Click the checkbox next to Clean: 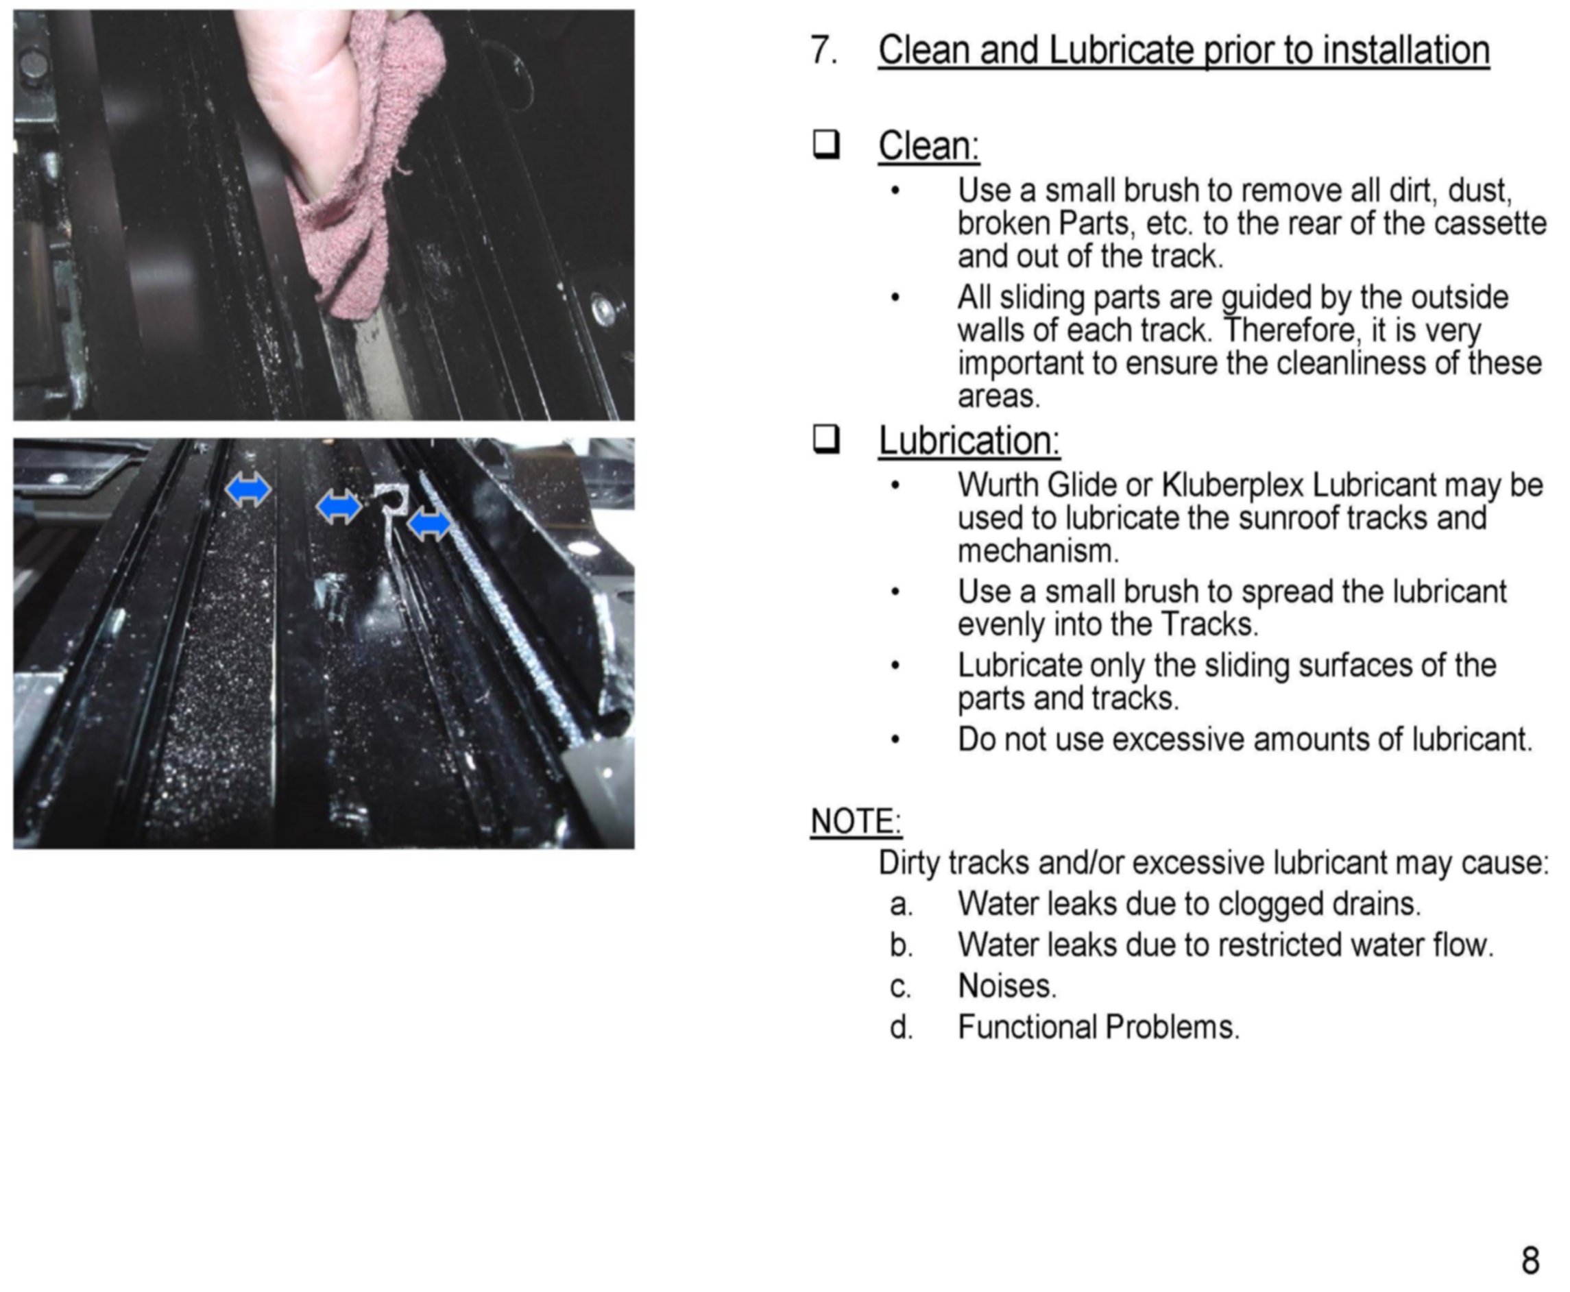pyautogui.click(x=826, y=145)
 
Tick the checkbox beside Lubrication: pyautogui.click(x=826, y=439)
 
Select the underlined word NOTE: pyautogui.click(x=856, y=822)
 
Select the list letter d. pyautogui.click(x=900, y=1027)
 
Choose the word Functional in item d pyautogui.click(x=1027, y=1027)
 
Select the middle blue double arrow pyautogui.click(x=339, y=508)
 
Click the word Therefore pyautogui.click(x=1288, y=330)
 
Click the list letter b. pyautogui.click(x=900, y=945)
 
